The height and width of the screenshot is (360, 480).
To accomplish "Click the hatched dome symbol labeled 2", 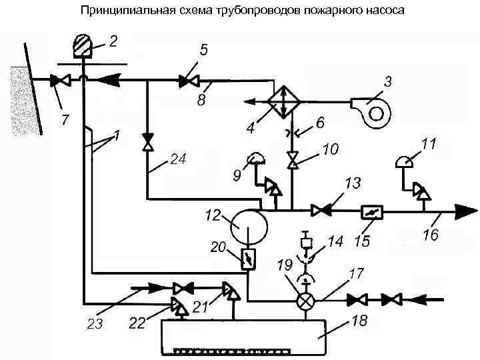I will pyautogui.click(x=84, y=47).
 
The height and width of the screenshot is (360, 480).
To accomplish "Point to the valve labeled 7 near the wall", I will pyautogui.click(x=63, y=81).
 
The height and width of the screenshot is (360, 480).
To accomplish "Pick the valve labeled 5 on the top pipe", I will pyautogui.click(x=188, y=81).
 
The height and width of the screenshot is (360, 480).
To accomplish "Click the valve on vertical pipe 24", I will pyautogui.click(x=147, y=143).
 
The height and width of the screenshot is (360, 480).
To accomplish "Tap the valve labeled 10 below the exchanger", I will pyautogui.click(x=292, y=161).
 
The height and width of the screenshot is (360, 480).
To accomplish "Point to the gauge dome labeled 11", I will pyautogui.click(x=405, y=161).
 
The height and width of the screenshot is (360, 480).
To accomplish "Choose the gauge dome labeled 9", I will pyautogui.click(x=256, y=158).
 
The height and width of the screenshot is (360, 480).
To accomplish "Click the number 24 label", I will pyautogui.click(x=178, y=161).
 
